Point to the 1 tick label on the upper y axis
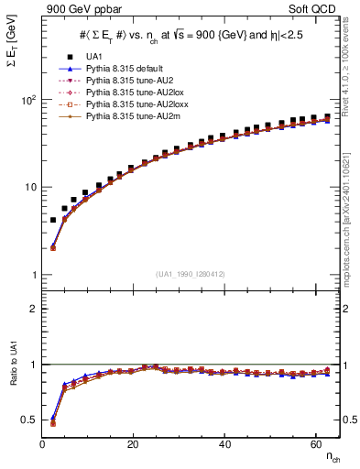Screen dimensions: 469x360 pos(35,275)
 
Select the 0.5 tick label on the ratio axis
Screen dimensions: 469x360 pos(30,420)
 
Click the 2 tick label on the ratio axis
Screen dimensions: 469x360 pos(35,309)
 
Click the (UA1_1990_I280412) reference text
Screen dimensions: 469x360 pos(191,274)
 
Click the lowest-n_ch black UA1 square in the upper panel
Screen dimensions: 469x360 pos(53,220)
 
